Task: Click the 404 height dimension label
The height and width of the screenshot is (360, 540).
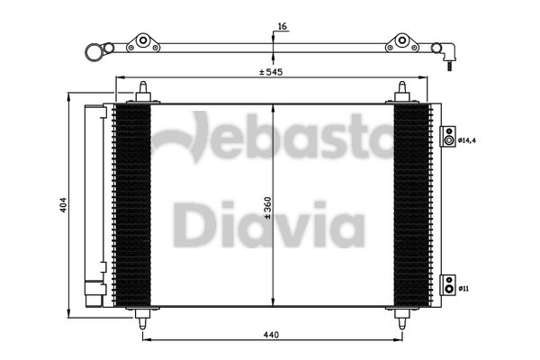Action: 64,204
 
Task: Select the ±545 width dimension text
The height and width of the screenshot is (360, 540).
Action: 271,72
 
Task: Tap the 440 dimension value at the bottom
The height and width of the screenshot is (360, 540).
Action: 272,335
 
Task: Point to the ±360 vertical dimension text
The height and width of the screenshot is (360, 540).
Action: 268,208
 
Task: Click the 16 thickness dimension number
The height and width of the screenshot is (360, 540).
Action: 282,26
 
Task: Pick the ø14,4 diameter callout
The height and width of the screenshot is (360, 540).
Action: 467,140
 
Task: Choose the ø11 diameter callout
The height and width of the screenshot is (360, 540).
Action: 463,289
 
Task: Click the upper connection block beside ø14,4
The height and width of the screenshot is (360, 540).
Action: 448,137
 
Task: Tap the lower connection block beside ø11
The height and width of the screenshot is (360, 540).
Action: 448,285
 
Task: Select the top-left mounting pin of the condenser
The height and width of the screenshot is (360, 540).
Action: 143,91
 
